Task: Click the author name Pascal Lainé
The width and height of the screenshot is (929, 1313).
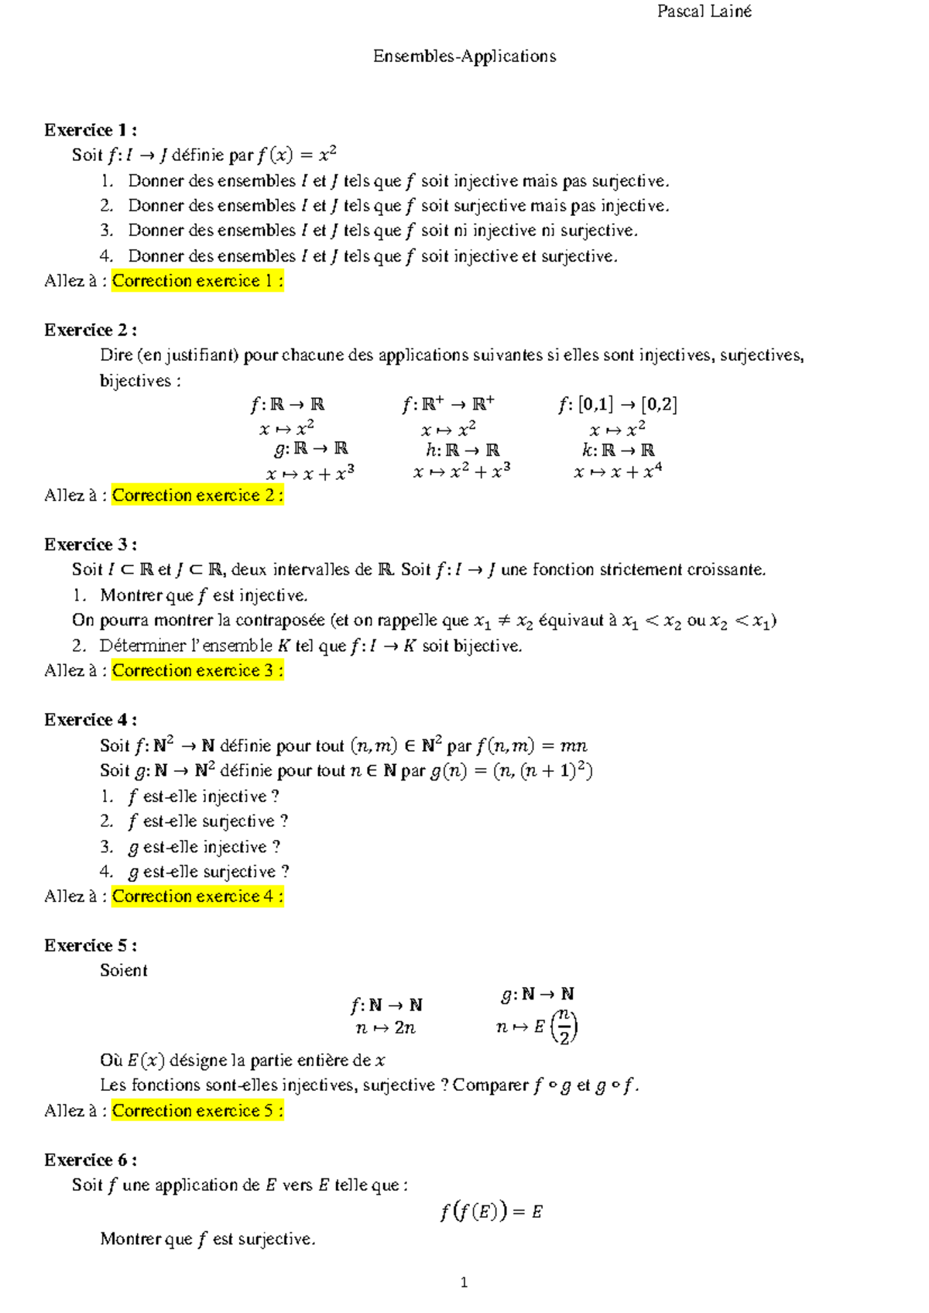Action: coord(704,12)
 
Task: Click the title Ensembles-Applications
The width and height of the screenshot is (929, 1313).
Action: coord(464,57)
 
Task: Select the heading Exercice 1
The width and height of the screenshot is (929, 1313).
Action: coord(90,130)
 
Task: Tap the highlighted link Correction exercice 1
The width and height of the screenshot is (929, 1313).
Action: coord(197,281)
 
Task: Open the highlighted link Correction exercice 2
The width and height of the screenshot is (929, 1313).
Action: coord(197,495)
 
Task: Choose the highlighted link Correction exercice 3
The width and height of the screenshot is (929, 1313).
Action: coord(197,670)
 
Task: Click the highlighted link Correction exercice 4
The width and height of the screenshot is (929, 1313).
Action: coord(197,896)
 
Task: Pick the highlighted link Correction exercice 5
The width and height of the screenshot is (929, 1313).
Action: coord(197,1111)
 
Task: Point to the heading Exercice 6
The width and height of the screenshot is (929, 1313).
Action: coord(90,1160)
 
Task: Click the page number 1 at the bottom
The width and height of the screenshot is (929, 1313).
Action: coord(464,1283)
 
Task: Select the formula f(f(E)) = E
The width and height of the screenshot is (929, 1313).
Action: coord(491,1212)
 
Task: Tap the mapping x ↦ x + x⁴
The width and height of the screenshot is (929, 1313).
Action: coord(618,471)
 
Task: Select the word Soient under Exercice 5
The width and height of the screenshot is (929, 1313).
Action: coord(124,971)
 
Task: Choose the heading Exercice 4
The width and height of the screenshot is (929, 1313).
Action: coord(90,720)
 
